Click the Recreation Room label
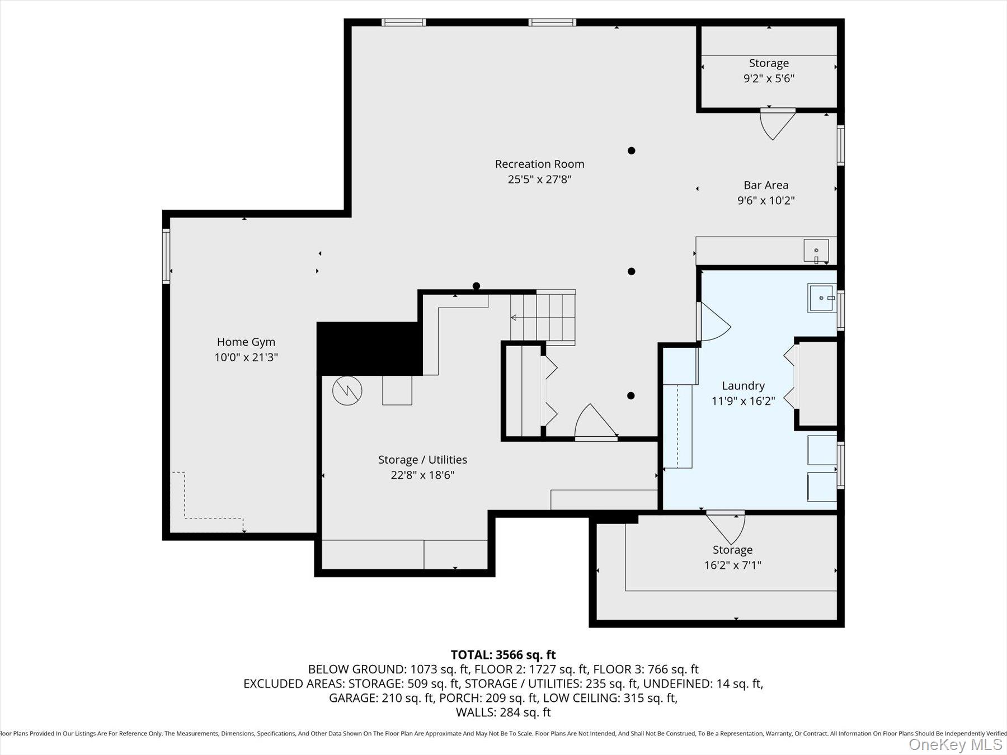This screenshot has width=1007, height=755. pos(539,164)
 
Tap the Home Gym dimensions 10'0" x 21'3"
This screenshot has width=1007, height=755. pos(246,357)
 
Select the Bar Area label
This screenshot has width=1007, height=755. pos(765,185)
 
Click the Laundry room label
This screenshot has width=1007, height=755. pos(743,386)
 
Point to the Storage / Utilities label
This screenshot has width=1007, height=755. pos(422,460)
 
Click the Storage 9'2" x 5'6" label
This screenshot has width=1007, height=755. pos(769,71)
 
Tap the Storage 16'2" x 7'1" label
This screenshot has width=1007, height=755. pos(732,558)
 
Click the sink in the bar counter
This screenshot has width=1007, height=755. pos(816,250)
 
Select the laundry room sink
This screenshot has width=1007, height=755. pos(821,298)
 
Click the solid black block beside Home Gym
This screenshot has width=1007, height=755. pos(369,348)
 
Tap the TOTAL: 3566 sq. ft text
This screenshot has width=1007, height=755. pos(503,654)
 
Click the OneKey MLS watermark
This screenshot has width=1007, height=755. pos(955,744)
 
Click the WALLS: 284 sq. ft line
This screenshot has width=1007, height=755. pos(503,712)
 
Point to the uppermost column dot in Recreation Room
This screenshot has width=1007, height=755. pos(631,150)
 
